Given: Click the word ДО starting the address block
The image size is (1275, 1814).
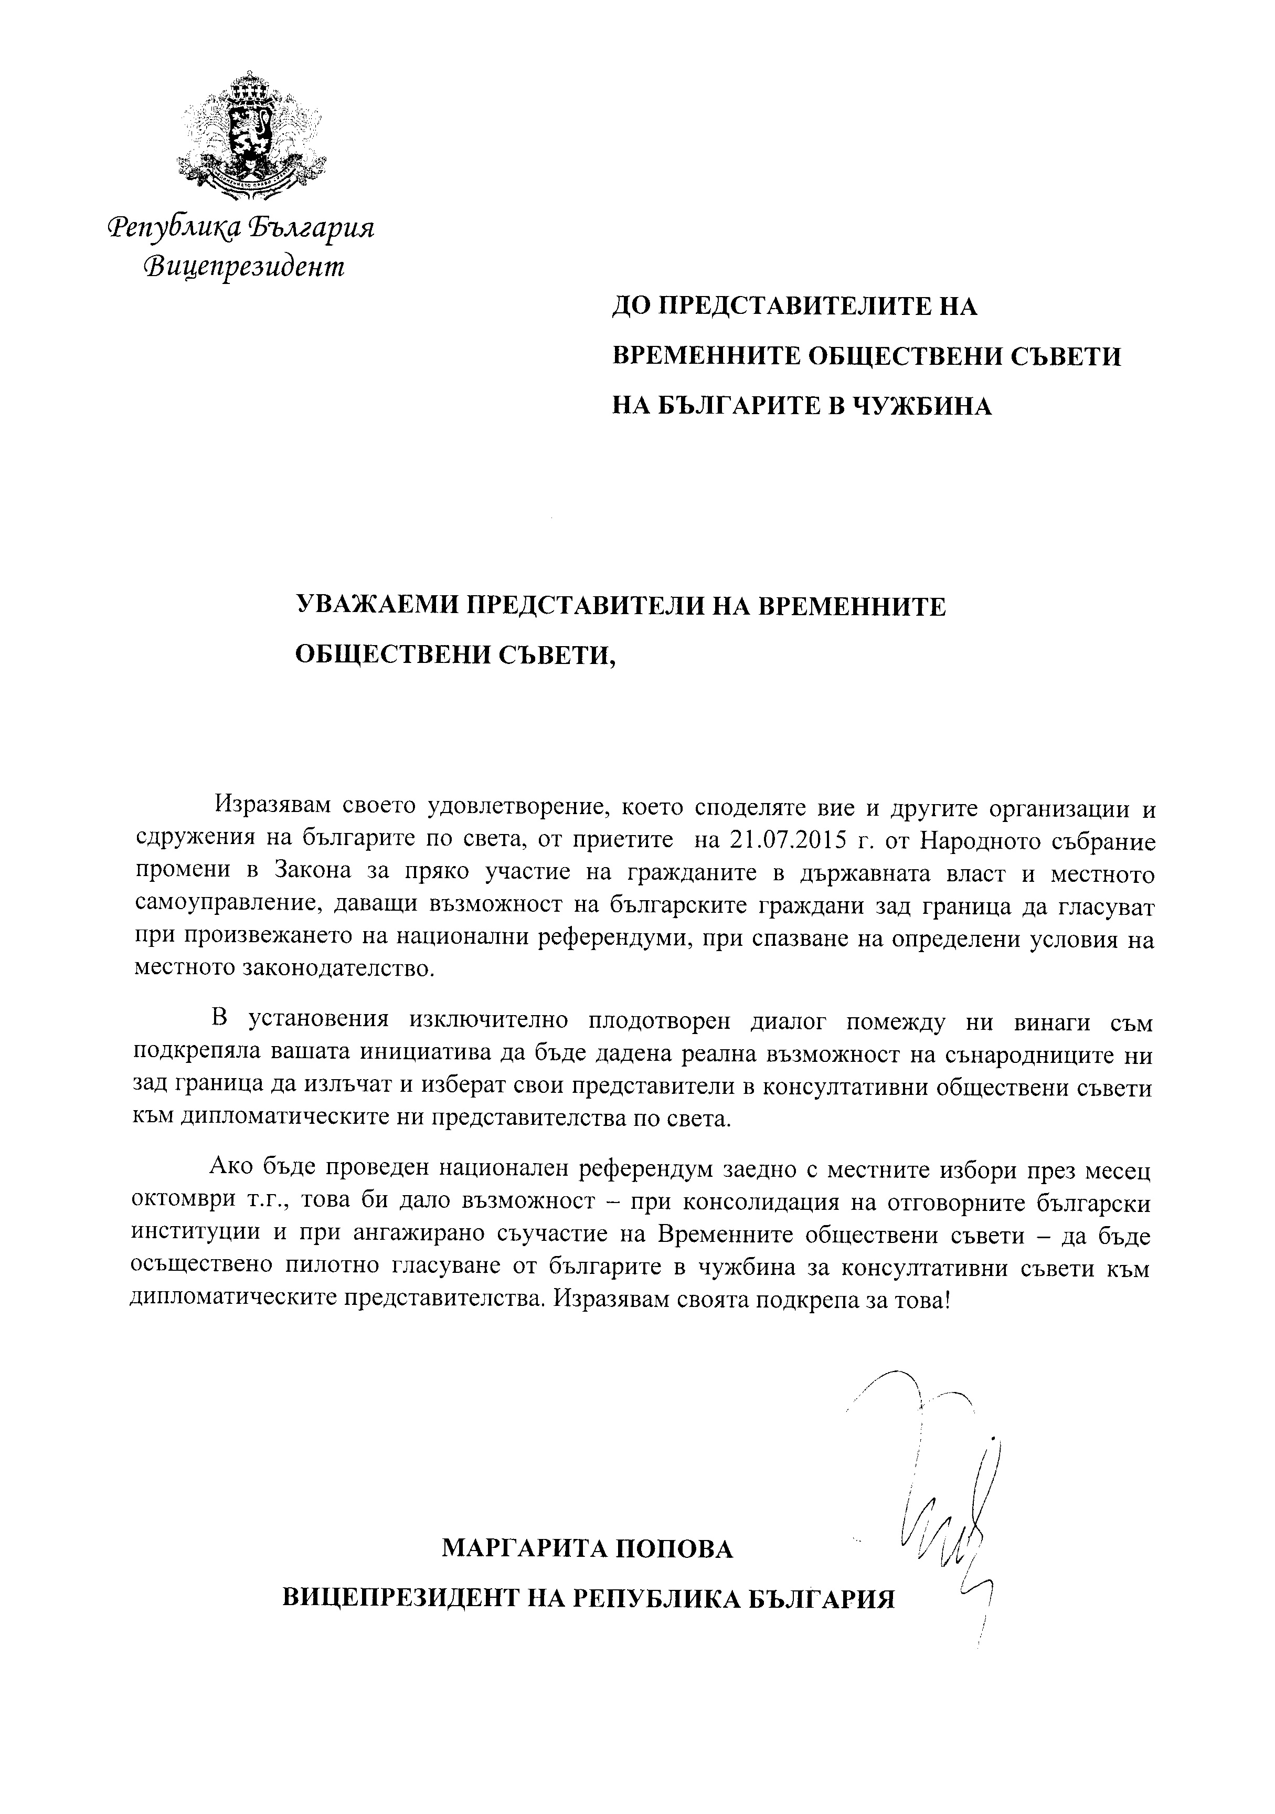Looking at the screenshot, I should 632,307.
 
